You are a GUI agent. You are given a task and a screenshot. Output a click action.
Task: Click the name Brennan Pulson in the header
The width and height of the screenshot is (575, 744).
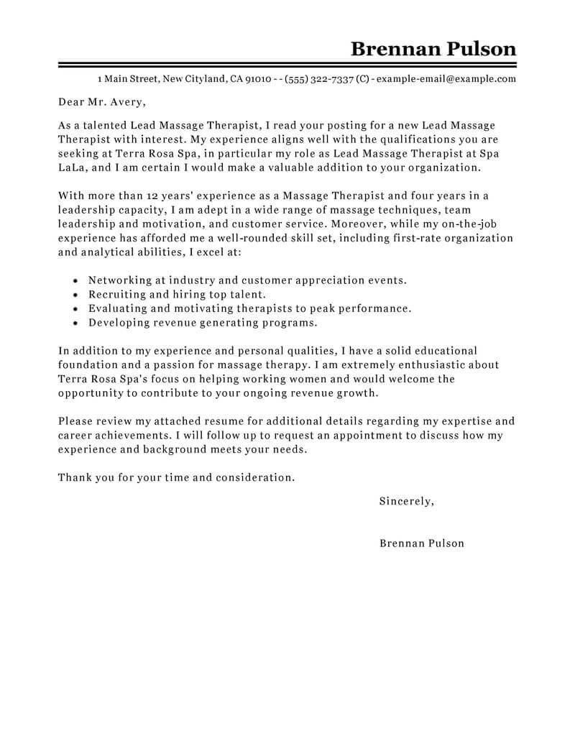click(433, 48)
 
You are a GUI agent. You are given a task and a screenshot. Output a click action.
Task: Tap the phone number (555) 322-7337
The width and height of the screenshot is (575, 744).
click(318, 79)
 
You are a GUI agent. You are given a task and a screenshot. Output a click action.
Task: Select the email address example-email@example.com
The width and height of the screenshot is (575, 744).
click(446, 79)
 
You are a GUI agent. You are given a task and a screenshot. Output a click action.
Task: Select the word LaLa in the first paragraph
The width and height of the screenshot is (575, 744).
click(71, 167)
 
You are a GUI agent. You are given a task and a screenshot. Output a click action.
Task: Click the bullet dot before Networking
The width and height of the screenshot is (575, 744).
click(76, 280)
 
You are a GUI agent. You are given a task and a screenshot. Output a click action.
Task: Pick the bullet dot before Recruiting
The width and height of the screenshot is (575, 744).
click(76, 294)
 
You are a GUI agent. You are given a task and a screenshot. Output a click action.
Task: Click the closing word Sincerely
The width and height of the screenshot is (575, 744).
click(406, 501)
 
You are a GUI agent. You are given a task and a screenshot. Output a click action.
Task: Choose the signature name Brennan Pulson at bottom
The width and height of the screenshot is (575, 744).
click(421, 543)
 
